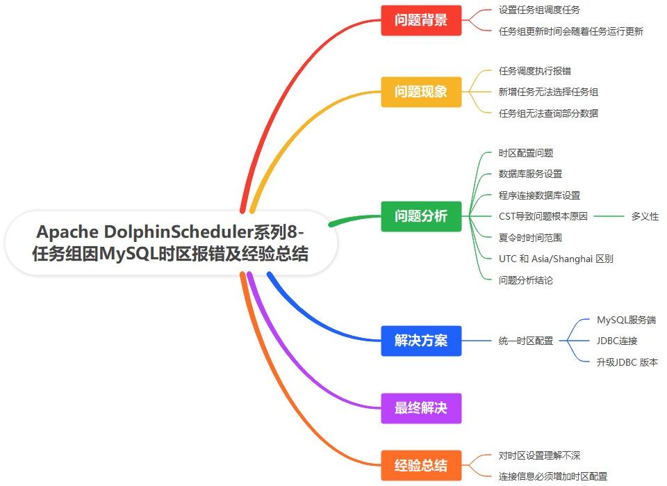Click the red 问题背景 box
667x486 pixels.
pos(421,20)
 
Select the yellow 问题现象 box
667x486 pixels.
pos(421,92)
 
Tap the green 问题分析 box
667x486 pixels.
pos(421,216)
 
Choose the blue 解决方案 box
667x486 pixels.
pos(421,341)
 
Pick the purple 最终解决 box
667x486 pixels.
pos(421,408)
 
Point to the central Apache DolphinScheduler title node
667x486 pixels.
pos(171,243)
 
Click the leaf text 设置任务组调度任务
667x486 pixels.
pos(539,10)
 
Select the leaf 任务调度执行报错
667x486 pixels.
pos(535,71)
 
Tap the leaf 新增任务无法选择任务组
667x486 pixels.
pos(548,92)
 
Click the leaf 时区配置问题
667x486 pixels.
pos(526,153)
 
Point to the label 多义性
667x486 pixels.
pos(645,216)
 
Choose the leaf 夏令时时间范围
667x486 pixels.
pos(530,238)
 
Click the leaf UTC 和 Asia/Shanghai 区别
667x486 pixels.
pos(556,259)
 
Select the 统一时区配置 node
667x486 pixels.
pos(526,341)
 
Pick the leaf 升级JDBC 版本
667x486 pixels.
pos(627,362)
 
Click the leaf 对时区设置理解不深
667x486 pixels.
pos(539,455)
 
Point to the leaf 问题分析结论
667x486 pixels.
pos(526,280)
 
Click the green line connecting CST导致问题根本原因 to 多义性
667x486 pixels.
pos(609,216)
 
